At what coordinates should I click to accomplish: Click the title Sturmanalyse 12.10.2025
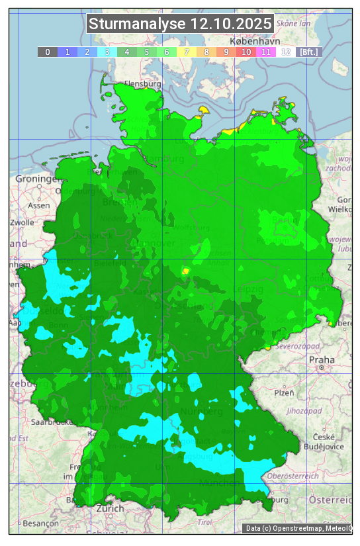click(x=180, y=24)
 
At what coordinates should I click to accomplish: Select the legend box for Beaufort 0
click(x=48, y=52)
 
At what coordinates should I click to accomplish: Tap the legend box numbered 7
click(x=187, y=52)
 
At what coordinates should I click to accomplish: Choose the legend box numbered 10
click(x=246, y=52)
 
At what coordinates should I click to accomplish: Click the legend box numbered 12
click(x=286, y=52)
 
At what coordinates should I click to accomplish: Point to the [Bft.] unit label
click(x=308, y=52)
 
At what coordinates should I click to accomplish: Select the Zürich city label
click(x=110, y=508)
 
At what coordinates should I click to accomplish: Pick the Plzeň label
click(x=284, y=392)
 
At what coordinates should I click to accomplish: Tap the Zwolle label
click(x=22, y=222)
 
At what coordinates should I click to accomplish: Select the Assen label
click(x=39, y=205)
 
